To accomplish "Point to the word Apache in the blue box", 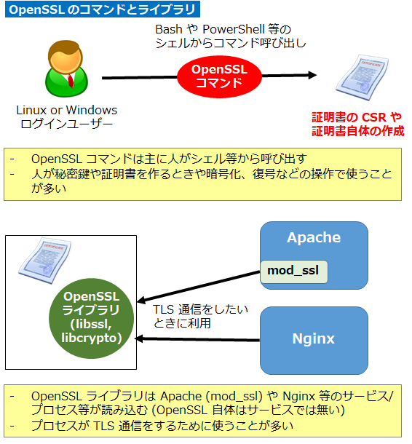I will [313, 238].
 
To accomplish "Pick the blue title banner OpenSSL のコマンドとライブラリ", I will [103, 10].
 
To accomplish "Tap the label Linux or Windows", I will [67, 110].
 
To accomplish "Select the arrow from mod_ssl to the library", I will [197, 287].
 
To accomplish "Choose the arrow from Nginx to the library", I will [197, 338].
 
